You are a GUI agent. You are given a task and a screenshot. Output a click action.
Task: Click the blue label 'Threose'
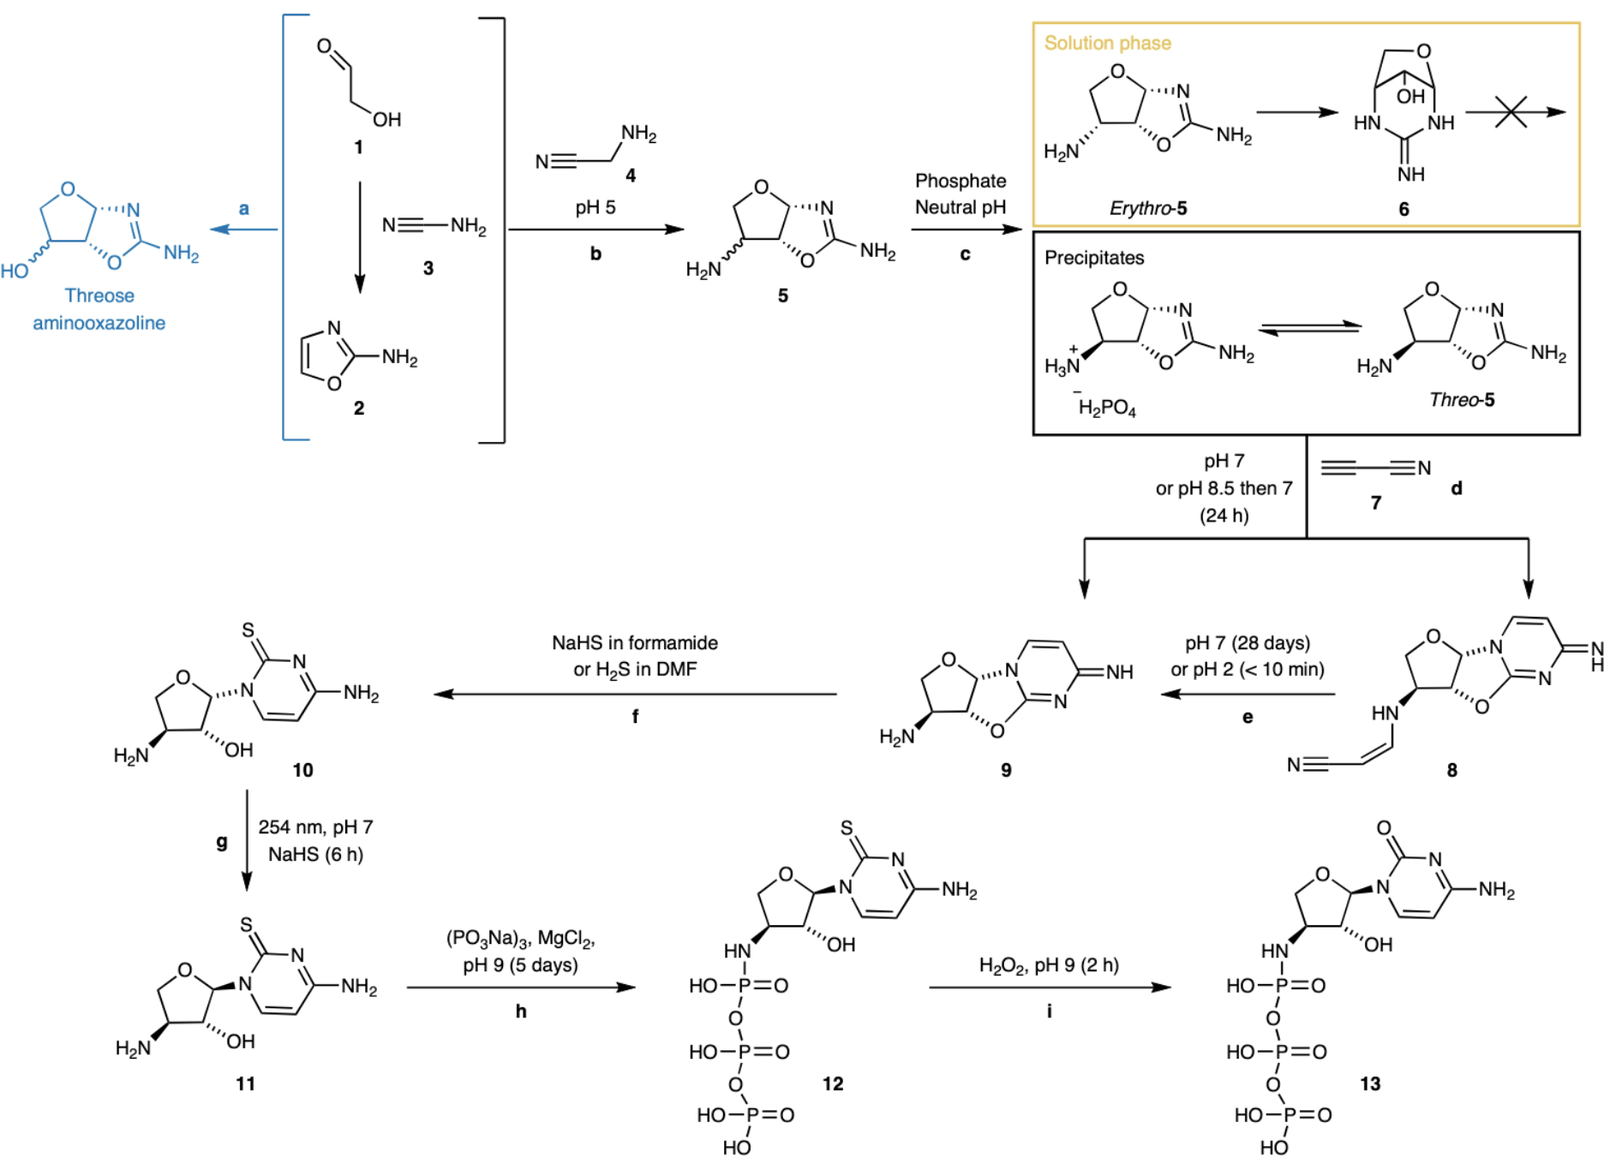click(99, 295)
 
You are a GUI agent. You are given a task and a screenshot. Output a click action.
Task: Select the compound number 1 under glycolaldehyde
click(359, 147)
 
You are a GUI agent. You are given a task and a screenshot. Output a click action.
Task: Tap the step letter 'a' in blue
click(244, 209)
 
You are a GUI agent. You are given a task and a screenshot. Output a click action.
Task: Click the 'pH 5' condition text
click(596, 207)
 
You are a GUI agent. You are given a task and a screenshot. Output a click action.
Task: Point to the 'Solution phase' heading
click(1107, 44)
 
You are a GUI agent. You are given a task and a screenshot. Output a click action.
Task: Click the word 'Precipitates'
click(1094, 258)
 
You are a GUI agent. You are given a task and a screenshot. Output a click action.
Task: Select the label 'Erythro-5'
click(1148, 208)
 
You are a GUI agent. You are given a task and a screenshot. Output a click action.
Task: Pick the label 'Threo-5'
click(1462, 400)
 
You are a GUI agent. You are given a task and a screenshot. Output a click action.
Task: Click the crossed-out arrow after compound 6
click(1512, 112)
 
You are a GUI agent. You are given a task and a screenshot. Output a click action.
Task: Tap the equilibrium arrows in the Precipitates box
click(1310, 329)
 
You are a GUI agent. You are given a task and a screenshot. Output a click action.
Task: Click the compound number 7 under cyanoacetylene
click(1376, 503)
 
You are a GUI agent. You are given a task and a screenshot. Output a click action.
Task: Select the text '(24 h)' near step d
click(1224, 516)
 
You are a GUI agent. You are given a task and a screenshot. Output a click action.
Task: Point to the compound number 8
click(1451, 770)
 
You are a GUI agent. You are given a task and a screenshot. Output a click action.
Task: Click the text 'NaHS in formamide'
click(635, 643)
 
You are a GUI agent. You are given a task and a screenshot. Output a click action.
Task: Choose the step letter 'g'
click(222, 842)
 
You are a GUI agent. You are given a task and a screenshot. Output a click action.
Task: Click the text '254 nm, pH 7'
click(315, 827)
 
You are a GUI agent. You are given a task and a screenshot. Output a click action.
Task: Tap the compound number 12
click(833, 1083)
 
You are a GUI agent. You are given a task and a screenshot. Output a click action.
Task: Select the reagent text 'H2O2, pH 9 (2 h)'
click(1049, 965)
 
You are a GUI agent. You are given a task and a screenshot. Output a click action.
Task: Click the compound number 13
click(1370, 1083)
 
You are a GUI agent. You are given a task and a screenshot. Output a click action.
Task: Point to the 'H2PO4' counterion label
click(1107, 408)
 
